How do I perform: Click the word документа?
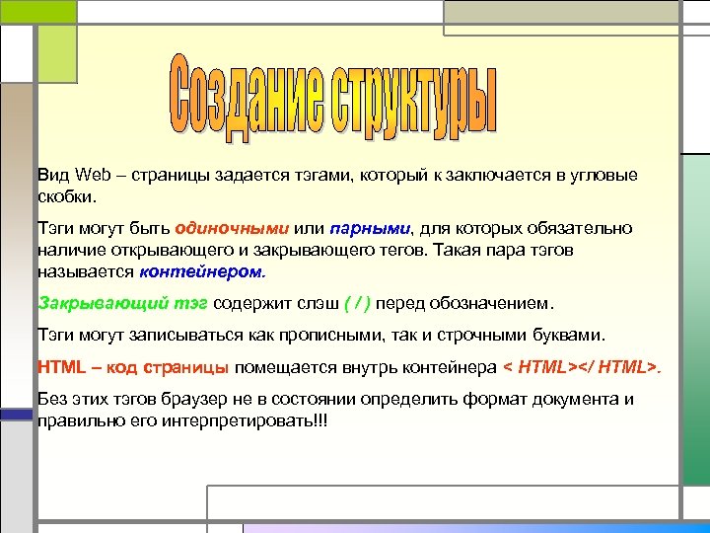572,401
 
